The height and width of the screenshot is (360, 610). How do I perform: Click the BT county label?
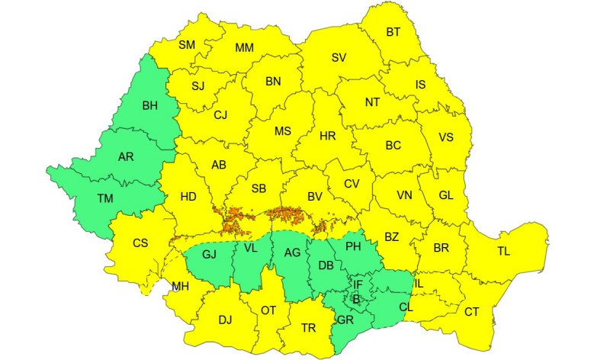393,32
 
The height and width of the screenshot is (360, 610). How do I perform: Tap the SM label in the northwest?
187,44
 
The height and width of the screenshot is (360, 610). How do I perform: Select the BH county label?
150,105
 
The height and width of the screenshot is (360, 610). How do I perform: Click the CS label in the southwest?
140,243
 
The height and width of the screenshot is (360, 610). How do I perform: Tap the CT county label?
472,311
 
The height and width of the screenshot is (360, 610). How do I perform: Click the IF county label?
358,285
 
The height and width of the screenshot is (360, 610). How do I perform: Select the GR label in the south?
345,319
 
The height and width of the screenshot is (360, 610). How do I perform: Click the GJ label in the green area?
210,254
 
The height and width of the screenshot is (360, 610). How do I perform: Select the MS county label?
283,131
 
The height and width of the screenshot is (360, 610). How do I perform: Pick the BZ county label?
391,237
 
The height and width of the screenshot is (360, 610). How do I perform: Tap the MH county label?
181,287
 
